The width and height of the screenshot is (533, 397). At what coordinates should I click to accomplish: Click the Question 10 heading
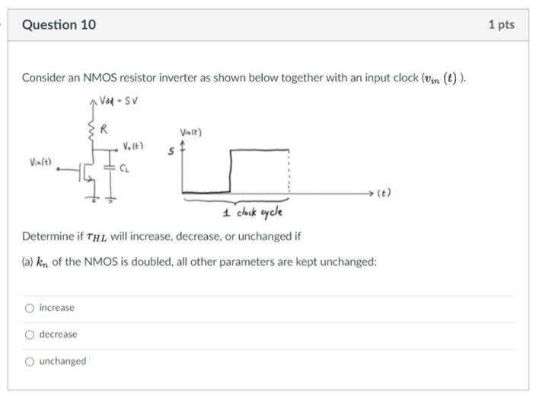[x=59, y=25]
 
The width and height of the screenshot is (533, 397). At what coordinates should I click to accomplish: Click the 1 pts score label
[x=500, y=25]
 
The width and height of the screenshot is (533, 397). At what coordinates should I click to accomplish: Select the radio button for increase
[x=29, y=308]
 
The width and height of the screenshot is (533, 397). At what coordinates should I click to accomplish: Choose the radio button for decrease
[x=29, y=335]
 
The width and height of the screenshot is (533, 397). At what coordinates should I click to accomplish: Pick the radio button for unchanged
[x=29, y=361]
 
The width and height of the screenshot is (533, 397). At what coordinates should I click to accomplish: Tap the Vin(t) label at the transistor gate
[x=41, y=162]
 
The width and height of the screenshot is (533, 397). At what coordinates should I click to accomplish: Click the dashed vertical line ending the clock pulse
[x=288, y=171]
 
